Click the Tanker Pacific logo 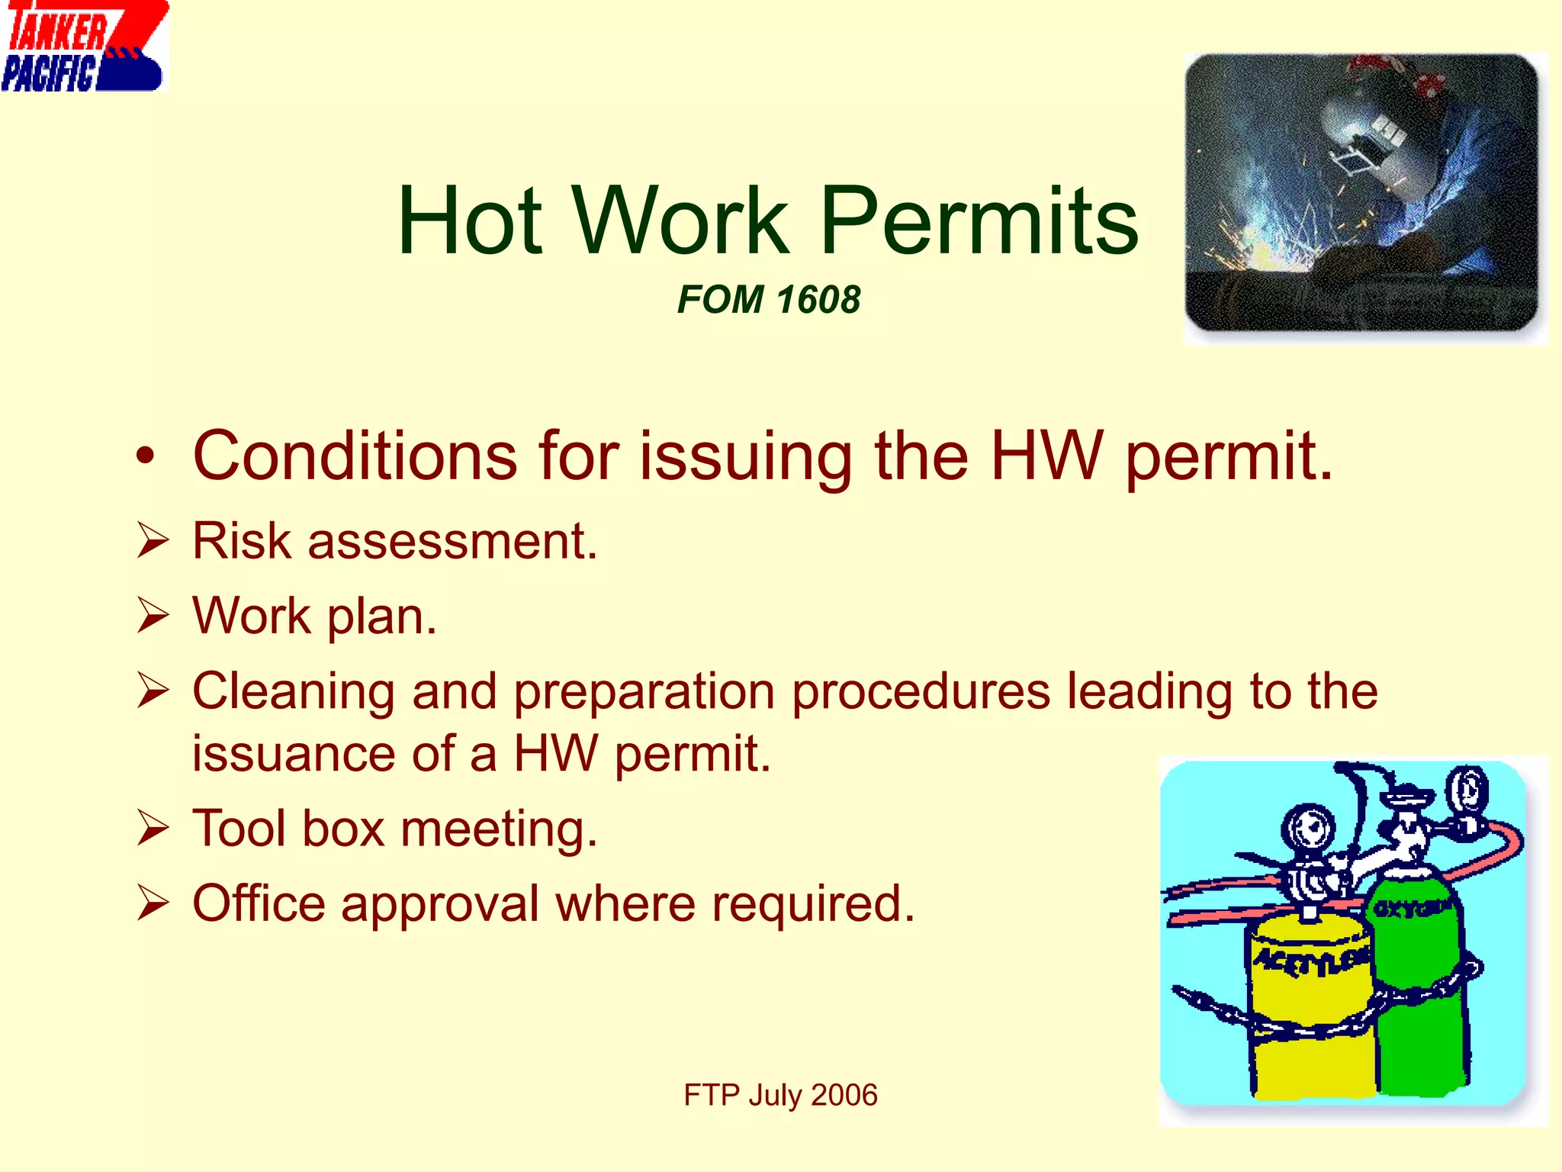click(84, 47)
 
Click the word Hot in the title click(469, 221)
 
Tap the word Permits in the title click(979, 221)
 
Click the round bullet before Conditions click(145, 456)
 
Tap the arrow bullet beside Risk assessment click(153, 541)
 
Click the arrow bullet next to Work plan click(153, 616)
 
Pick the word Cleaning click(294, 691)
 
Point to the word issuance click(294, 754)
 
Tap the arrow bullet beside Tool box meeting click(153, 829)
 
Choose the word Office click(259, 903)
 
